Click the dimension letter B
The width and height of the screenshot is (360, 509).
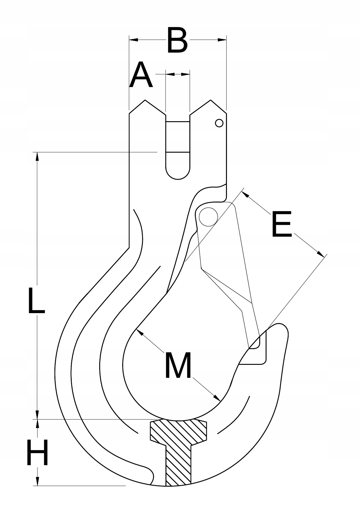(177, 40)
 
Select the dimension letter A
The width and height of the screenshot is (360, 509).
(141, 75)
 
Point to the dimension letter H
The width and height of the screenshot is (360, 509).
(37, 453)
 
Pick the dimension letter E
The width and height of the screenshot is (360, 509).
(281, 225)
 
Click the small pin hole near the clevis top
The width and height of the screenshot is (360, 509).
(219, 123)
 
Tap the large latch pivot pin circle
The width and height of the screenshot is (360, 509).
(208, 217)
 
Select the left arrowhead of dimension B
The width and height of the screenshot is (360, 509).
(133, 40)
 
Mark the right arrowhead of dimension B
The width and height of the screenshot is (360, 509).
(222, 40)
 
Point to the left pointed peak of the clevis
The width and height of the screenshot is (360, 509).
(145, 100)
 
